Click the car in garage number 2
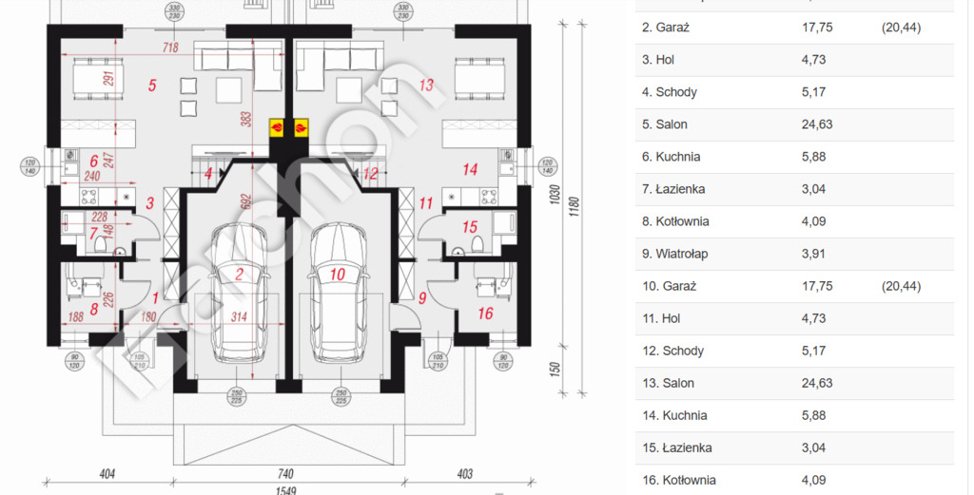point(239,295)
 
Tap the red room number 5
point(152,86)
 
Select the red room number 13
point(426,86)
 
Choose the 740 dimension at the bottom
point(286,472)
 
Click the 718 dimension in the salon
point(170,47)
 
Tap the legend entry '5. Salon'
point(665,124)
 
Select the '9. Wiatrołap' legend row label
point(674,254)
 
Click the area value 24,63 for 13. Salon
point(817,383)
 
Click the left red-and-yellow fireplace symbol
point(277,125)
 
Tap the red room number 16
point(486,313)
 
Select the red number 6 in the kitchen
point(94,162)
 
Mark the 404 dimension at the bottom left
point(107,472)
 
